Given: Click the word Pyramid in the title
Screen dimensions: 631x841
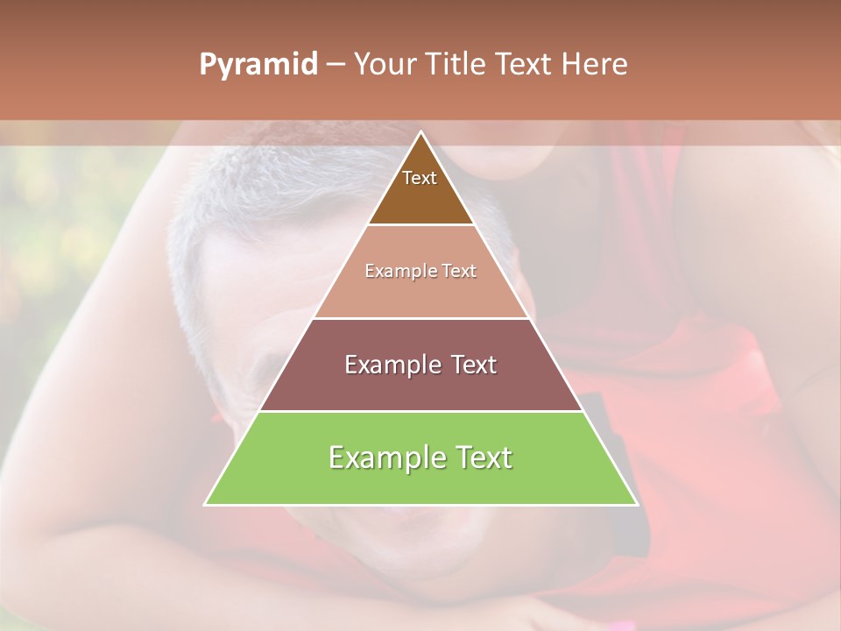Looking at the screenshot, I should click(258, 65).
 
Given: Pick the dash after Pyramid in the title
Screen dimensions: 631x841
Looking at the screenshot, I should click(336, 65).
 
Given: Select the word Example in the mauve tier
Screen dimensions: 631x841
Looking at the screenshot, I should click(391, 365).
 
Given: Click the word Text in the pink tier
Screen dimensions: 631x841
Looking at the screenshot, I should click(459, 271).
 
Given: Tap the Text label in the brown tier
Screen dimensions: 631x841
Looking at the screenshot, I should click(420, 178).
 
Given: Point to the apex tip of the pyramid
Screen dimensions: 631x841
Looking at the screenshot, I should click(421, 132).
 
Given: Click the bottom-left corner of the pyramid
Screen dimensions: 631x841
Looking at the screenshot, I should click(206, 504).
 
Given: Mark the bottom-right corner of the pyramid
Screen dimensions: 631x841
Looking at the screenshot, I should click(637, 504).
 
